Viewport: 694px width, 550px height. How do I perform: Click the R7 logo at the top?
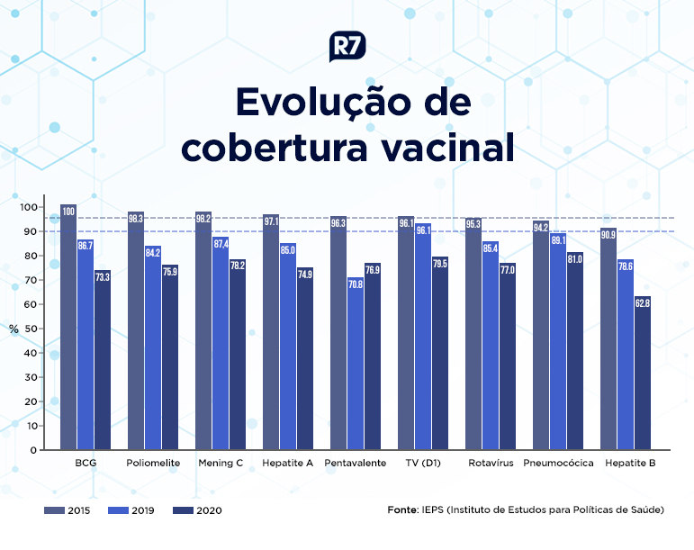click(347, 46)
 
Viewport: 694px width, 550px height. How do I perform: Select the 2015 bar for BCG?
click(68, 328)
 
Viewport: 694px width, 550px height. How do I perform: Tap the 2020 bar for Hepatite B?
click(642, 373)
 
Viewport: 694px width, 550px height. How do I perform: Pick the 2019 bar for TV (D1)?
click(423, 333)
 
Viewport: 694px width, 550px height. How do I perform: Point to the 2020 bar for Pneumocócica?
click(574, 351)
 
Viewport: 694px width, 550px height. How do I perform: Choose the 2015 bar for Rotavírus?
click(473, 333)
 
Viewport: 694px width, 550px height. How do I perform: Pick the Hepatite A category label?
click(288, 463)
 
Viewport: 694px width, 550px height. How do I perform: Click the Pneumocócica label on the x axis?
click(558, 463)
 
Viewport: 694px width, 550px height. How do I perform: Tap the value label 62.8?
click(642, 303)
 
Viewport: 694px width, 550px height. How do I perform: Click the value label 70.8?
click(356, 284)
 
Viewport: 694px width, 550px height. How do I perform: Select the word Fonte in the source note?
click(402, 509)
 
